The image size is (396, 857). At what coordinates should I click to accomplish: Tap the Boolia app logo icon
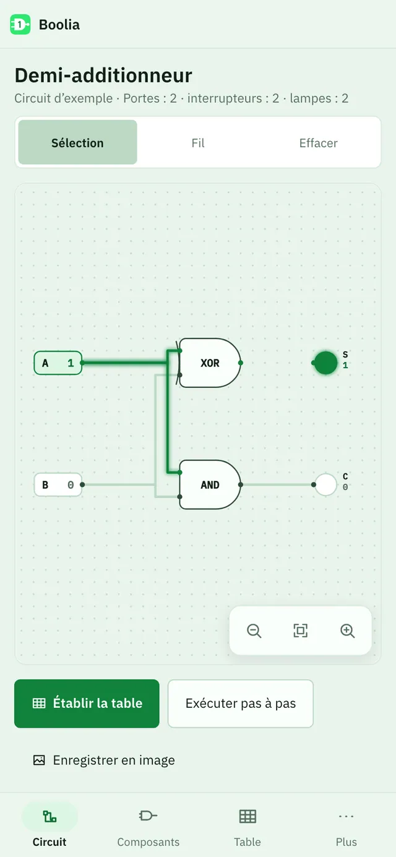click(20, 25)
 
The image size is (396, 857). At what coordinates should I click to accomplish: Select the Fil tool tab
click(198, 143)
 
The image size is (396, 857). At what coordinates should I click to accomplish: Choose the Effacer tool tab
click(318, 143)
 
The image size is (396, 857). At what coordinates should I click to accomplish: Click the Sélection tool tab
click(78, 142)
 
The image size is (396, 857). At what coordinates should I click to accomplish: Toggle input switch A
click(58, 363)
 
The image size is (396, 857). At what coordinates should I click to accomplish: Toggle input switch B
click(58, 484)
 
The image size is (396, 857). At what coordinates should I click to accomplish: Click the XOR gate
click(209, 363)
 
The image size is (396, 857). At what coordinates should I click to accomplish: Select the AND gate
click(210, 484)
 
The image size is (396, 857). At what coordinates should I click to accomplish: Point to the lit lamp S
click(325, 363)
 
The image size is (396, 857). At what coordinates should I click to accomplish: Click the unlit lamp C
click(325, 484)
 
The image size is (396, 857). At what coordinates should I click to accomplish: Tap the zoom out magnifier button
click(254, 631)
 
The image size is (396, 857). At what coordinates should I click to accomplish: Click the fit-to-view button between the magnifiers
click(300, 631)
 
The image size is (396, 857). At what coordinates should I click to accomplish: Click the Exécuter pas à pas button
click(241, 703)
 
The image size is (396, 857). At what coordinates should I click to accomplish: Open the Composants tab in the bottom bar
click(148, 824)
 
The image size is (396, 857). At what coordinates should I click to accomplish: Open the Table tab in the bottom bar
click(247, 824)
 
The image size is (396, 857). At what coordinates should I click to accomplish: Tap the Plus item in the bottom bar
click(346, 824)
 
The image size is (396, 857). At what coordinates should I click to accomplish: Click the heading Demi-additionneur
click(103, 75)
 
